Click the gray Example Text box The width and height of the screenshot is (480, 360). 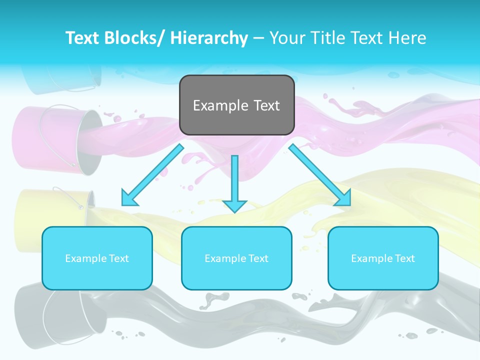point(236,105)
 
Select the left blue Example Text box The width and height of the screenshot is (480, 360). point(97,258)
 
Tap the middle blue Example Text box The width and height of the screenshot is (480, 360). point(236,258)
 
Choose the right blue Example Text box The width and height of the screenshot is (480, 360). point(383,258)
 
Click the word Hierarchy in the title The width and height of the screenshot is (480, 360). point(209,38)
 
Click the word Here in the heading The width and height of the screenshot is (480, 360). point(409,38)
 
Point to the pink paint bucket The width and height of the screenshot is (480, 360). point(55,137)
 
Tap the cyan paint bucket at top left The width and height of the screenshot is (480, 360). point(60,80)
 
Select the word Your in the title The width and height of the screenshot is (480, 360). point(286,38)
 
